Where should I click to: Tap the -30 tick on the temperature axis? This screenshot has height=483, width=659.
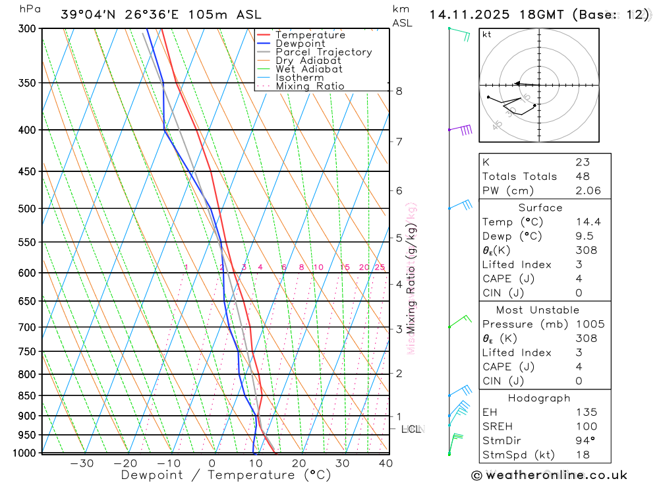(x=82, y=463)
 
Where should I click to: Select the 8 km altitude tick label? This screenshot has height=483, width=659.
(x=399, y=91)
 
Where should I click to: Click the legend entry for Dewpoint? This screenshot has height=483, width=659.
(x=300, y=43)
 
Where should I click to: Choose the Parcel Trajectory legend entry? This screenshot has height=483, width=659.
(x=324, y=52)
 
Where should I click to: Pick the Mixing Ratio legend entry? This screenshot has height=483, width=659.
(x=310, y=86)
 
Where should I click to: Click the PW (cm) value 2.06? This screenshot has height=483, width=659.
(x=588, y=190)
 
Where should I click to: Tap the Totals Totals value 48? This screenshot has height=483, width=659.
(x=582, y=176)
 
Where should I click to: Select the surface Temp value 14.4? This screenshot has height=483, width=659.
(x=588, y=222)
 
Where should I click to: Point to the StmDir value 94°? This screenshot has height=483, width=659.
(x=585, y=440)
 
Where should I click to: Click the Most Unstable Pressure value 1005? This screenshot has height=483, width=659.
(x=589, y=324)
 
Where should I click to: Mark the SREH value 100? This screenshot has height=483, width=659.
(x=585, y=426)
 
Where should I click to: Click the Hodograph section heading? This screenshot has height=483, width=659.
(x=540, y=398)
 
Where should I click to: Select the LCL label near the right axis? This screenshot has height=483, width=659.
(x=411, y=430)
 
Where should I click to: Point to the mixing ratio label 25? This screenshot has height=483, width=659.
(x=380, y=267)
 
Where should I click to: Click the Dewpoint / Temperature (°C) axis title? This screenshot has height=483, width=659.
(x=226, y=474)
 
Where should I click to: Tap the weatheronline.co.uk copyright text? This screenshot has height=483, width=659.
(x=550, y=475)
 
